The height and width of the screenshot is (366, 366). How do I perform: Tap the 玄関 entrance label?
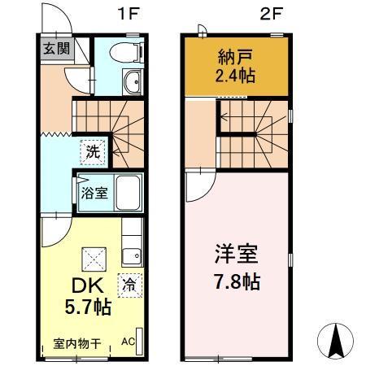[x=56, y=49]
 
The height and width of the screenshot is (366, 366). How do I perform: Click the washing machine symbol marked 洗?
[x=94, y=152]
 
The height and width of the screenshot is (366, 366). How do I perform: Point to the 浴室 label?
[x=93, y=194]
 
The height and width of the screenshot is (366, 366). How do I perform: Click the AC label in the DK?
[x=129, y=342]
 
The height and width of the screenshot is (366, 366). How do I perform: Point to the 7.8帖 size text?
[x=236, y=284]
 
